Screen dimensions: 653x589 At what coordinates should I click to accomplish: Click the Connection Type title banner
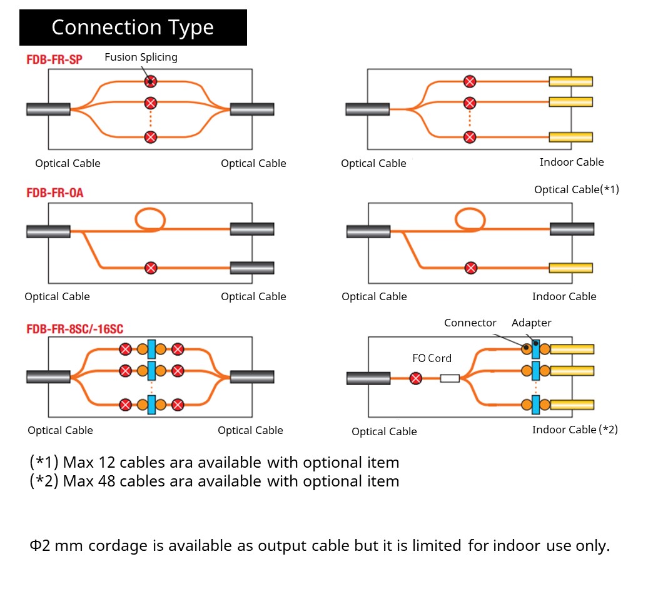(133, 28)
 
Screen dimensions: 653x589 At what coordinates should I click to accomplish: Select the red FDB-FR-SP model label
(54, 59)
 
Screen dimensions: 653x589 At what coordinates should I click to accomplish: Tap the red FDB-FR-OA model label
(54, 193)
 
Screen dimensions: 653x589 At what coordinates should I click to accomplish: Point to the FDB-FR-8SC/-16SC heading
(74, 329)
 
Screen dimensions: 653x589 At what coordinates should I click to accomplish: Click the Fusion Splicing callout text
(141, 57)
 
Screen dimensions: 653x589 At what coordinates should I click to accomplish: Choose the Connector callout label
(470, 323)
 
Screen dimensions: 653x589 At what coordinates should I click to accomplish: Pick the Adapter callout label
(532, 323)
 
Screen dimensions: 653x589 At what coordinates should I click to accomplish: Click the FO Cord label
(432, 358)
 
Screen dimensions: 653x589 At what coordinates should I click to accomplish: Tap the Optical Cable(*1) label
(576, 189)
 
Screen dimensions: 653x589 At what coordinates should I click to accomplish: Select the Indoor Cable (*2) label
(575, 430)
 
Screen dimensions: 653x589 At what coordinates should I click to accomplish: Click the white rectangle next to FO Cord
(450, 378)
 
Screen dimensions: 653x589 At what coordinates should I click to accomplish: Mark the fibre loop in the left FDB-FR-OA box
(150, 219)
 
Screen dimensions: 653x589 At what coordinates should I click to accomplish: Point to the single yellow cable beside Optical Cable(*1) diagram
(571, 268)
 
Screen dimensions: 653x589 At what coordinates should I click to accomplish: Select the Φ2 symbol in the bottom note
(40, 545)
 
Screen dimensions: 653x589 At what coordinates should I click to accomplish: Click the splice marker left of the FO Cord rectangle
(415, 378)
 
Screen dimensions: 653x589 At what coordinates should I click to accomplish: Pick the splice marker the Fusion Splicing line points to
(151, 81)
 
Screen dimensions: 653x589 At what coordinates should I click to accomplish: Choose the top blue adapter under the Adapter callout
(536, 349)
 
